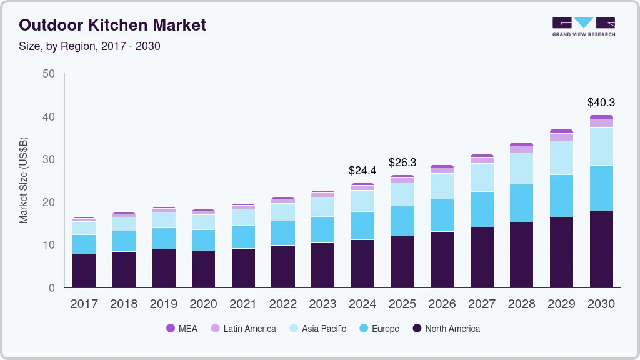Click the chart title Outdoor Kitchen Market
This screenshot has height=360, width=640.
(112, 26)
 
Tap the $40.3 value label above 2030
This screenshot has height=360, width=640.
(601, 102)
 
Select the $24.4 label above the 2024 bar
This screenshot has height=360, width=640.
(362, 170)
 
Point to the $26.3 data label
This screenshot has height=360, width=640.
(402, 162)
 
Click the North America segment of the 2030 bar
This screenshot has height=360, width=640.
(601, 249)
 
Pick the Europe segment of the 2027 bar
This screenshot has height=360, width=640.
(482, 209)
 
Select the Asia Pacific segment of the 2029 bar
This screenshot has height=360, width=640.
(561, 157)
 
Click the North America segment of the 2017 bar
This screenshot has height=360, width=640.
(84, 271)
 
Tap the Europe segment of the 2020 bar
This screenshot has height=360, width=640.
(203, 240)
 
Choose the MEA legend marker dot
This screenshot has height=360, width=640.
(170, 328)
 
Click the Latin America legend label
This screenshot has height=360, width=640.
(249, 329)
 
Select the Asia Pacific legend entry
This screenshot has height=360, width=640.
(324, 329)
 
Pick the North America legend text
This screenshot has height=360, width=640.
(452, 329)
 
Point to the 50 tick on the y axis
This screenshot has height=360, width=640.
(49, 74)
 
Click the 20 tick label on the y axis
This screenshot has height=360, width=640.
(49, 202)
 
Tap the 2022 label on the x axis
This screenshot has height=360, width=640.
(283, 304)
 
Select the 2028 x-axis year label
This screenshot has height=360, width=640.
(522, 304)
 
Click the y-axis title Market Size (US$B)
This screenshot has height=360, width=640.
(24, 180)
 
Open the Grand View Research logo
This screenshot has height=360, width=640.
(583, 27)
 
